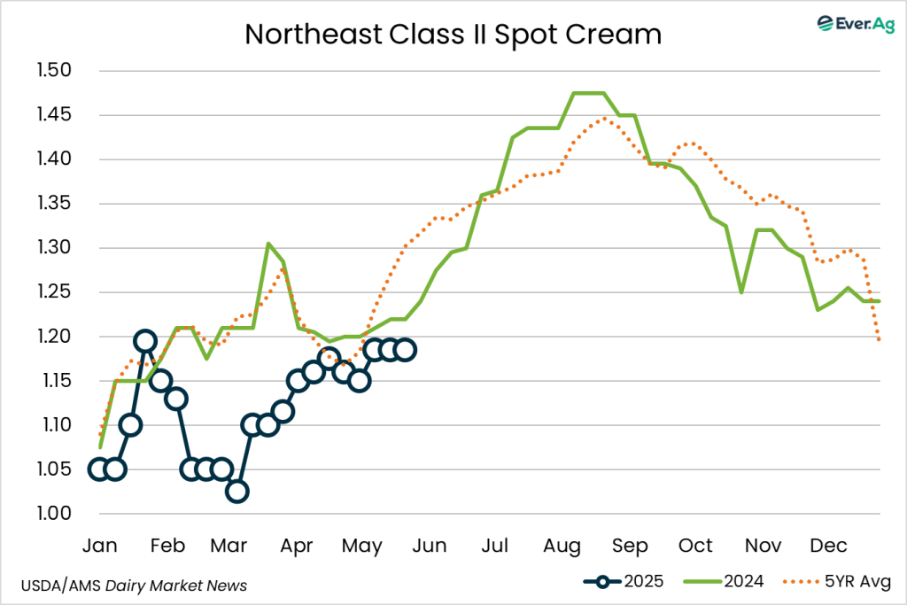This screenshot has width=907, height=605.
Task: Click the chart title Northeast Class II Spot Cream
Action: (x=453, y=35)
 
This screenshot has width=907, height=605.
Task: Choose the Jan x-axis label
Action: (x=99, y=545)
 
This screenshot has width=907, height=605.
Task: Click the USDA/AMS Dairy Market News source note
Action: (x=134, y=586)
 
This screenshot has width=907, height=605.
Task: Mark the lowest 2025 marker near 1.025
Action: (x=236, y=492)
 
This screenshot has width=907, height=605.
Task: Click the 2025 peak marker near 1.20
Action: (x=145, y=341)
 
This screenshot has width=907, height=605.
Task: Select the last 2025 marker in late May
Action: (x=405, y=350)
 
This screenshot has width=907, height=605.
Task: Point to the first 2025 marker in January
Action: (x=99, y=469)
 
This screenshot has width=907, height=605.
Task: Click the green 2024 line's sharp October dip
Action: (x=741, y=291)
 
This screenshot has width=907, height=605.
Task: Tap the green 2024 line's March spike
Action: (x=267, y=244)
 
